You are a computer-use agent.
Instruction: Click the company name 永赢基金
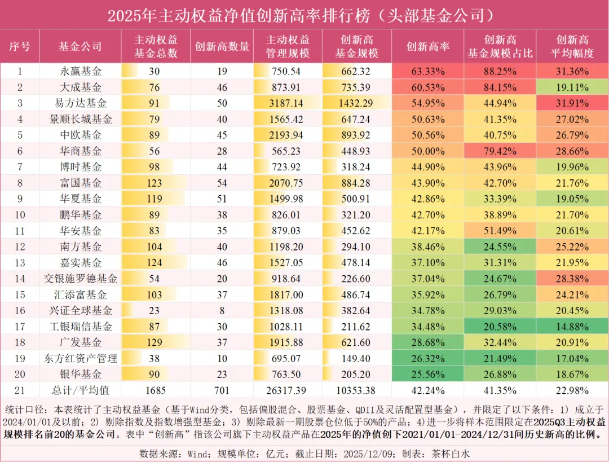pyautogui.click(x=81, y=72)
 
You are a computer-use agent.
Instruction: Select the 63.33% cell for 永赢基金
pyautogui.click(x=427, y=72)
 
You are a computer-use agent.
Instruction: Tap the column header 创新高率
pyautogui.click(x=427, y=47)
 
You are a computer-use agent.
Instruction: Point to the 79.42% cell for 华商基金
pyautogui.click(x=500, y=151)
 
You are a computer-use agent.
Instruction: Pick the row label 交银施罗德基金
pyautogui.click(x=81, y=279)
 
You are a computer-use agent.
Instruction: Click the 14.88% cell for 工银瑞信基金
pyautogui.click(x=572, y=327)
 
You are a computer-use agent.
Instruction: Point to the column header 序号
pyautogui.click(x=20, y=47)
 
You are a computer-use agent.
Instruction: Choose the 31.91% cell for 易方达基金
pyautogui.click(x=572, y=104)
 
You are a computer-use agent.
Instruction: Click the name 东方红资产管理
pyautogui.click(x=81, y=359)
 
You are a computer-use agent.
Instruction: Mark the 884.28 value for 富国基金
pyautogui.click(x=356, y=183)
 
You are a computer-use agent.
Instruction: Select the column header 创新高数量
pyautogui.click(x=222, y=47)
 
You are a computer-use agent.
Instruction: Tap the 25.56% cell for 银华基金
pyautogui.click(x=427, y=375)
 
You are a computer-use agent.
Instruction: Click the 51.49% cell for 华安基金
pyautogui.click(x=500, y=231)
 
